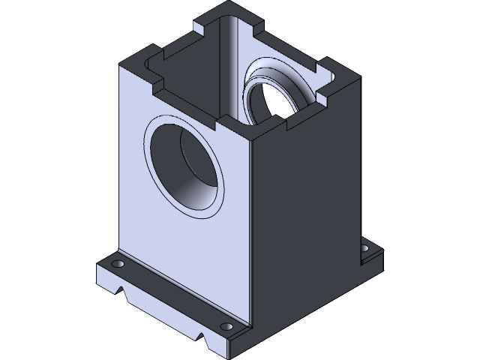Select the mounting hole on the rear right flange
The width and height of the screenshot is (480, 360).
(x=365, y=247)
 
